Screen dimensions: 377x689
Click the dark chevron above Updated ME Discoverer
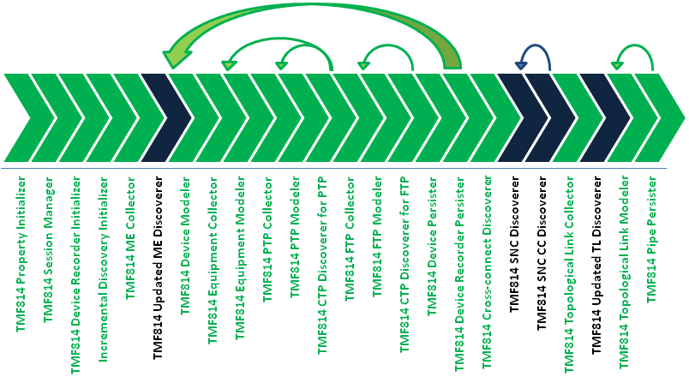pyautogui.click(x=166, y=117)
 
